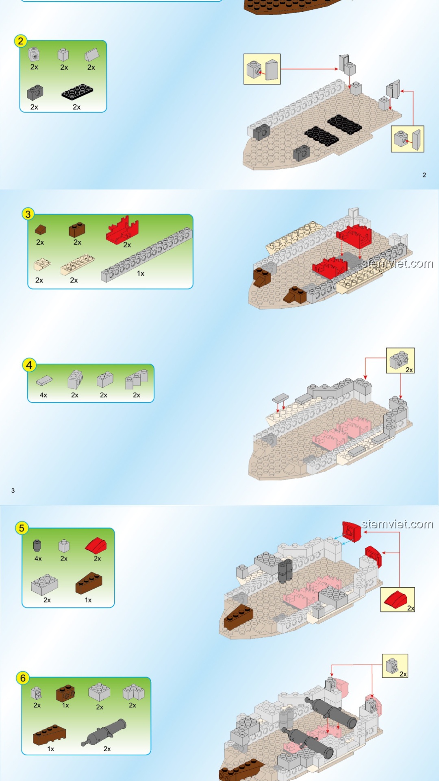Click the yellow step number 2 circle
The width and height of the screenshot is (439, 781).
point(21,41)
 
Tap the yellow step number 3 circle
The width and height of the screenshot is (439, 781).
point(28,214)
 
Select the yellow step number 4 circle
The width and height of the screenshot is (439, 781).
point(29,365)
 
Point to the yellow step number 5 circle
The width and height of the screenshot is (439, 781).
point(22,528)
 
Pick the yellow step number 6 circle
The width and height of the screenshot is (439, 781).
point(23,678)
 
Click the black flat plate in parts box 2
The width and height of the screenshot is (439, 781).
point(77,92)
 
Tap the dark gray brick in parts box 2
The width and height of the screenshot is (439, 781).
point(35,93)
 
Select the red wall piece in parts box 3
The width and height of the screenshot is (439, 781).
point(122,230)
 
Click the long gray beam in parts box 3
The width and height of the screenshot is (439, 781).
point(146,254)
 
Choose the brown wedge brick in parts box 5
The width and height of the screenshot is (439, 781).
point(89,583)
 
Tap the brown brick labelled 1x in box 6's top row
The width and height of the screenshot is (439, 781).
point(65,693)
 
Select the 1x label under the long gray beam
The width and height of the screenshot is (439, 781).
point(141,274)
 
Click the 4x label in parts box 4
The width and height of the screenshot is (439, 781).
point(43,395)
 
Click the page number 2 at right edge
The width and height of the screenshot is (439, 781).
point(424,175)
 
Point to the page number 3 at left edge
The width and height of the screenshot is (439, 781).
point(13,491)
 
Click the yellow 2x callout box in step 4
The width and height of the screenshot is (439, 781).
point(400,360)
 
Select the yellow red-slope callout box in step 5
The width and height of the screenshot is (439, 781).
point(398,600)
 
